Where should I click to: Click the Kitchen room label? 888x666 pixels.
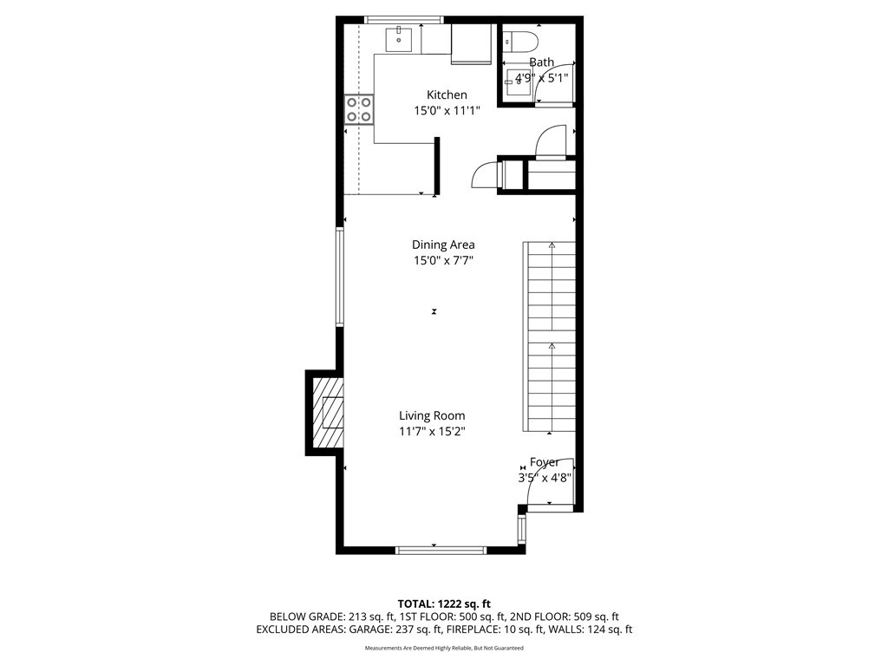(447, 95)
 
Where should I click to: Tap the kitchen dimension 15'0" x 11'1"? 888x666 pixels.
(447, 110)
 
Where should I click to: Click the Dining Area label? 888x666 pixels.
(443, 245)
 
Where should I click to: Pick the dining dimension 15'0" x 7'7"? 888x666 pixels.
(443, 260)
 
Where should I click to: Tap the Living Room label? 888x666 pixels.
(432, 415)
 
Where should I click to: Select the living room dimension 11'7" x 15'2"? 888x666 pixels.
(432, 431)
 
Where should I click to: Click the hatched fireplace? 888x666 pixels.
(327, 412)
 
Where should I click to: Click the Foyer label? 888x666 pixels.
(545, 462)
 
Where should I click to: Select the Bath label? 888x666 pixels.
(541, 62)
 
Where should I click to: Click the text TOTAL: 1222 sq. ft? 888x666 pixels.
(444, 603)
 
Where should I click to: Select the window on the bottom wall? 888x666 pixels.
(441, 550)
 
